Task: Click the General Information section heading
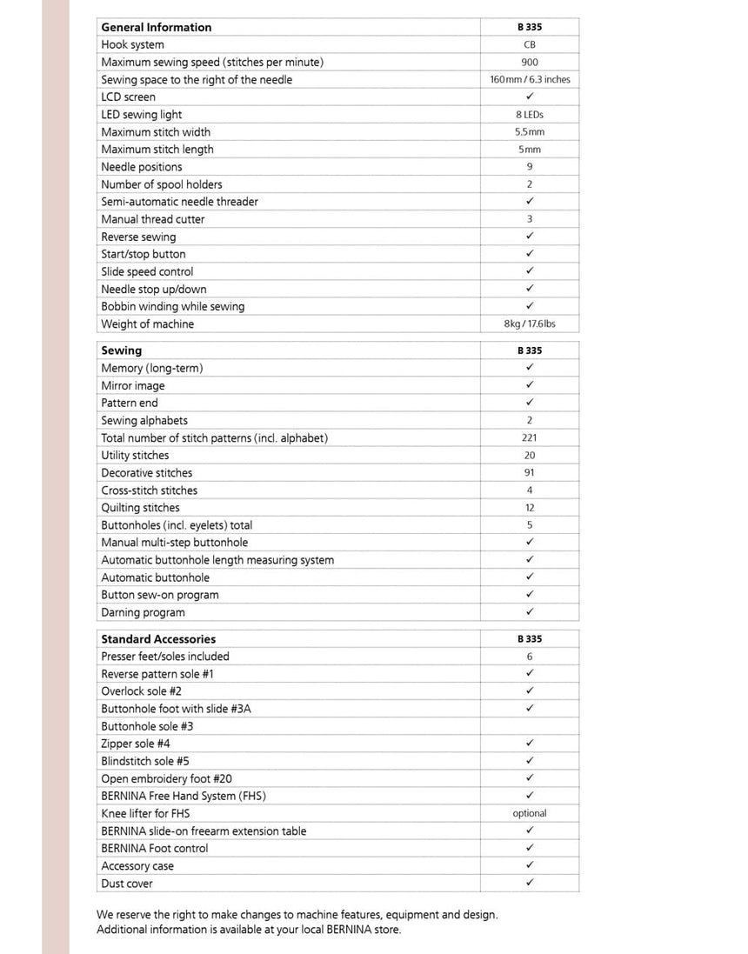pyautogui.click(x=156, y=27)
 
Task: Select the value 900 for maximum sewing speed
pyautogui.click(x=530, y=62)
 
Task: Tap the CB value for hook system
pyautogui.click(x=530, y=44)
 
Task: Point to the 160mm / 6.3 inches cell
pyautogui.click(x=530, y=79)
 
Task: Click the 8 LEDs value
pyautogui.click(x=530, y=114)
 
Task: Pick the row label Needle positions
pyautogui.click(x=142, y=167)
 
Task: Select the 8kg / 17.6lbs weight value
pyautogui.click(x=530, y=324)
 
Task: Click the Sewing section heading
pyautogui.click(x=121, y=350)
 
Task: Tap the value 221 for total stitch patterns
pyautogui.click(x=530, y=437)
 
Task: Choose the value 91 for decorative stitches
pyautogui.click(x=530, y=472)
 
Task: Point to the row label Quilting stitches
pyautogui.click(x=140, y=508)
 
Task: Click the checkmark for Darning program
pyautogui.click(x=530, y=612)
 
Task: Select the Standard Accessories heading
pyautogui.click(x=158, y=639)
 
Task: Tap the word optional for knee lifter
pyautogui.click(x=530, y=813)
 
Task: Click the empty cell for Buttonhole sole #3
pyautogui.click(x=530, y=726)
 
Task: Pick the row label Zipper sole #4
pyautogui.click(x=136, y=744)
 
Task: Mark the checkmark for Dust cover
pyautogui.click(x=530, y=883)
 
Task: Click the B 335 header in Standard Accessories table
pyautogui.click(x=530, y=639)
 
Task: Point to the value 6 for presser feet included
pyautogui.click(x=530, y=657)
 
